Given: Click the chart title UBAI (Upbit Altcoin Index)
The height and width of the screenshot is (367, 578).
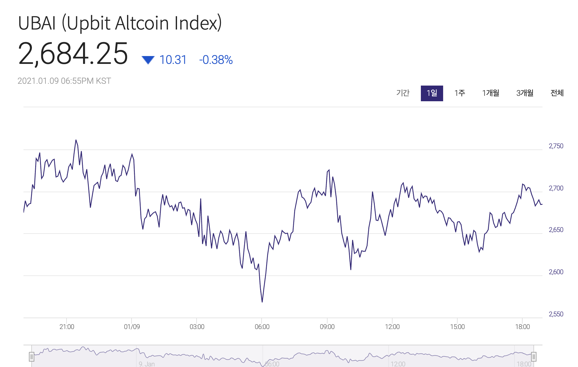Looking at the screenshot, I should (x=120, y=23).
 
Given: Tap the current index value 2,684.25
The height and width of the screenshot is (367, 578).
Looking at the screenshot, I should (x=73, y=54).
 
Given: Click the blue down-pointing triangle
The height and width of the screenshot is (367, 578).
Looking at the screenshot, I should (x=148, y=60).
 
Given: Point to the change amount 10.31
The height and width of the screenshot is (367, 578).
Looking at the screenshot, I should (x=173, y=60).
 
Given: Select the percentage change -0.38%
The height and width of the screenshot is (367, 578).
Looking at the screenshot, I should (x=216, y=60).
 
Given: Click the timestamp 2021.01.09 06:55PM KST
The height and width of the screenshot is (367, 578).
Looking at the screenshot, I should (x=64, y=81).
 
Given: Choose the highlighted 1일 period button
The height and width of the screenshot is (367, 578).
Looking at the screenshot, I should (x=432, y=93).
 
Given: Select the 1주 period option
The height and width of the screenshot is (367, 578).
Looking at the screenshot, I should (x=460, y=93).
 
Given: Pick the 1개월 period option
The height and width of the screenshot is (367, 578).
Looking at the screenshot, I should (x=491, y=93).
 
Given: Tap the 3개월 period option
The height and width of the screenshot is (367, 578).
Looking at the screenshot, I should (x=525, y=93).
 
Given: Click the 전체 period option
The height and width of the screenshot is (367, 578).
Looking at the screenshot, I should (x=557, y=93).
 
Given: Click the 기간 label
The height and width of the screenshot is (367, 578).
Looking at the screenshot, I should (x=403, y=93).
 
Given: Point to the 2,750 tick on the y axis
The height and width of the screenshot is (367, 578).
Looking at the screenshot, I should (x=556, y=146).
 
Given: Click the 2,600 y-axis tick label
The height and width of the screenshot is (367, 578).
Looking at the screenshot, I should (x=556, y=272).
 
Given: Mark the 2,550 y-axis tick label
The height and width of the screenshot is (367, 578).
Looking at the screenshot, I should (x=556, y=314).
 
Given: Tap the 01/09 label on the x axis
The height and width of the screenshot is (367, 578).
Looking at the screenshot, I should (x=132, y=327).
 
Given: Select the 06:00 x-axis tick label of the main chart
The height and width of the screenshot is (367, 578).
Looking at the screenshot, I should (x=262, y=327).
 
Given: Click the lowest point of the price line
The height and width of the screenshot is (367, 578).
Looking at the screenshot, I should (x=262, y=302).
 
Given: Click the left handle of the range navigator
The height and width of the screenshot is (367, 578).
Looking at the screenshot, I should (x=32, y=357).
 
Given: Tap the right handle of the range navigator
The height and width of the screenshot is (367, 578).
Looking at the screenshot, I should (x=533, y=357).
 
